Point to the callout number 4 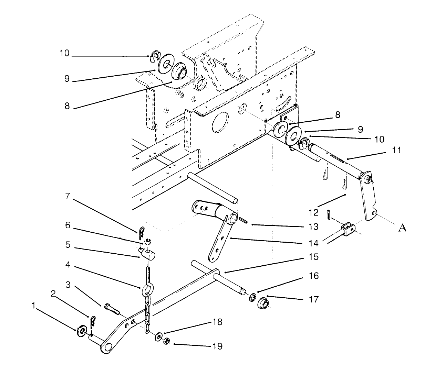tap(68, 265)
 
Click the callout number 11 tap(397, 151)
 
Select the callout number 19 tap(217, 346)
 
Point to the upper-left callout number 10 tap(64, 54)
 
